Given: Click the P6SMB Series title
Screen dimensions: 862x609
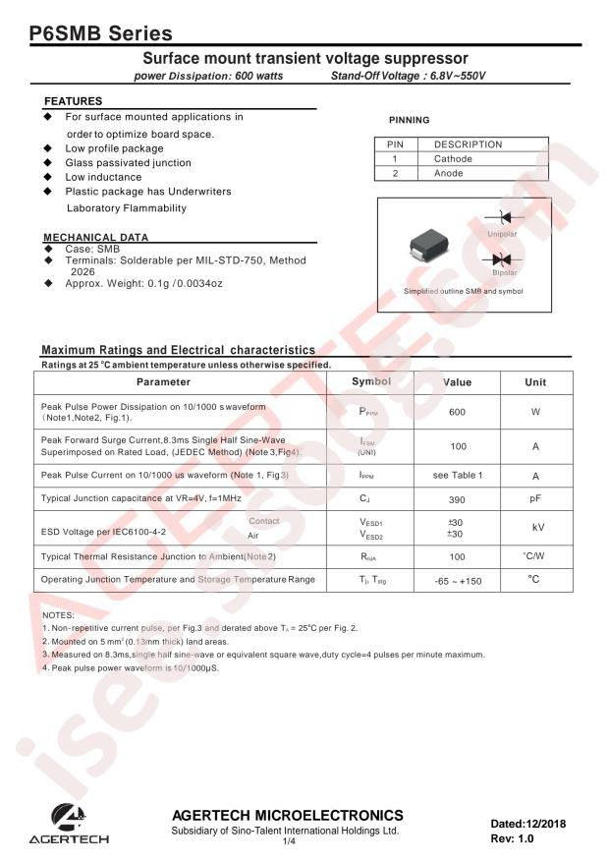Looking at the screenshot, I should point(94,34).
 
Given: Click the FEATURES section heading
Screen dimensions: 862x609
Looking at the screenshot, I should point(74,101).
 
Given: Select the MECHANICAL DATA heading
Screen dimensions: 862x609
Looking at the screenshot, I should point(96,237).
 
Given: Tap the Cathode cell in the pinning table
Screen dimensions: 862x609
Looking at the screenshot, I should point(453,158).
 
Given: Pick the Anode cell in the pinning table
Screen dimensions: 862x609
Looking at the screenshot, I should point(449,173).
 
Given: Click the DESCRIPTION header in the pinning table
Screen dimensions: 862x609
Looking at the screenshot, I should point(468,144).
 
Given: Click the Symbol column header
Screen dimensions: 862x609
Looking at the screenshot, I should point(371,381).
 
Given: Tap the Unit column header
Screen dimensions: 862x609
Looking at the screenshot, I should point(535,381).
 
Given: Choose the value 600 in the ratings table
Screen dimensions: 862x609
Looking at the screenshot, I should point(457,412).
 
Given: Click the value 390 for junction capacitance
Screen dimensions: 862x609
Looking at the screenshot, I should point(457,499).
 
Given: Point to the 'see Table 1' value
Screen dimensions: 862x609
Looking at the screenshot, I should point(458,476).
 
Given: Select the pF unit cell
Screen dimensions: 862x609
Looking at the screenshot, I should point(535,499).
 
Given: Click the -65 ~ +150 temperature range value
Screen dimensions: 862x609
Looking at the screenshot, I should point(458,580).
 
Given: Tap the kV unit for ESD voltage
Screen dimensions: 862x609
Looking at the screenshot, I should point(535,528).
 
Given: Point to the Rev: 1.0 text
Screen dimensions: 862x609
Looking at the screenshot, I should point(514,839).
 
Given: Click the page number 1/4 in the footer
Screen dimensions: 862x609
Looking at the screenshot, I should point(289,842).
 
